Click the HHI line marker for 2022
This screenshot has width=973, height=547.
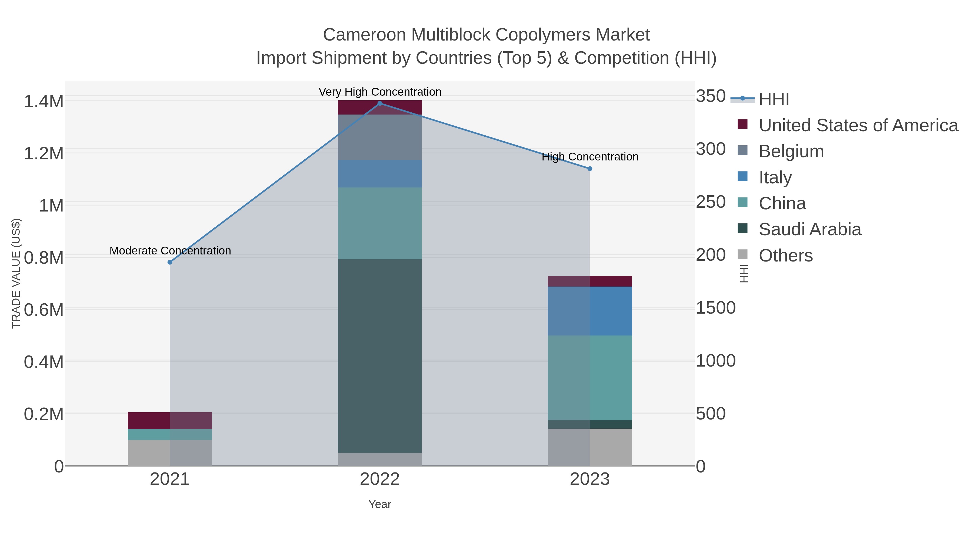pyautogui.click(x=380, y=103)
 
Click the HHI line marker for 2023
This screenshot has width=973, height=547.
pyautogui.click(x=590, y=169)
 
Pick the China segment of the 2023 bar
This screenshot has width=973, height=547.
pyautogui.click(x=590, y=378)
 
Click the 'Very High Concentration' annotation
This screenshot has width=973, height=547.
pyautogui.click(x=380, y=92)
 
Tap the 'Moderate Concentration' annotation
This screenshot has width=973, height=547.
pyautogui.click(x=170, y=251)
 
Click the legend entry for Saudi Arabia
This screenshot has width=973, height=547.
pyautogui.click(x=809, y=230)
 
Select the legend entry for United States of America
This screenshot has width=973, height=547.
pyautogui.click(x=858, y=125)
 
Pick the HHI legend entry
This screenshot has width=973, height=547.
pyautogui.click(x=774, y=99)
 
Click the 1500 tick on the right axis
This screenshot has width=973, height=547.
pyautogui.click(x=715, y=308)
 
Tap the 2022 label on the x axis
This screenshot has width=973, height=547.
pyautogui.click(x=380, y=479)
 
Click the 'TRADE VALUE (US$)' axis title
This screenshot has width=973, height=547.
pyautogui.click(x=16, y=273)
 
